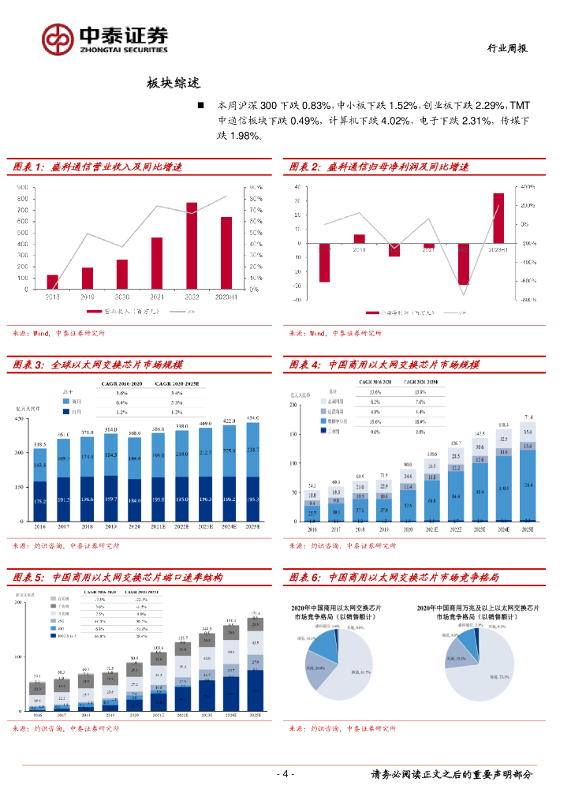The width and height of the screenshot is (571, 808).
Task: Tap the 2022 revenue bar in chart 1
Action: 192,245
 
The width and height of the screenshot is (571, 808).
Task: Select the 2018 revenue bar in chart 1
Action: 52,282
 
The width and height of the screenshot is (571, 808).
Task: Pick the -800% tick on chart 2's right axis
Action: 528,300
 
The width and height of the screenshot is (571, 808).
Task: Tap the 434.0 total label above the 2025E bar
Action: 252,418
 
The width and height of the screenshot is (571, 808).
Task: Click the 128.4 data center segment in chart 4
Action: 527,484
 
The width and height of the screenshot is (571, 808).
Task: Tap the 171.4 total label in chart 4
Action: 527,417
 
